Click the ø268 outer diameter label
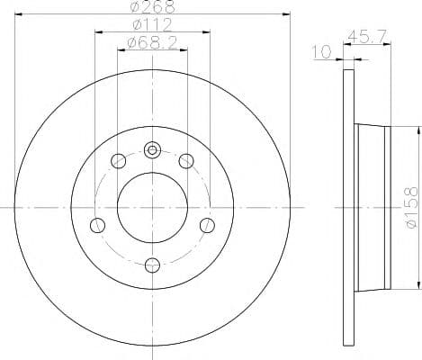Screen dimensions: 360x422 [151, 7]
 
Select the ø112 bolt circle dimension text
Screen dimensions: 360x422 [151, 24]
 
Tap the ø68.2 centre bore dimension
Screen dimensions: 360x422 [151, 42]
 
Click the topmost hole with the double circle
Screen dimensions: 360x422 [152, 149]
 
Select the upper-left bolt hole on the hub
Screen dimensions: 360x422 [117, 161]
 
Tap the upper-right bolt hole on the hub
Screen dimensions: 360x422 [186, 161]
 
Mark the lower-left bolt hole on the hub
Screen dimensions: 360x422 [99, 224]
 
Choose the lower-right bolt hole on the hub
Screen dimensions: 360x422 [206, 224]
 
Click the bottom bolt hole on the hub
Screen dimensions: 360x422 [152, 264]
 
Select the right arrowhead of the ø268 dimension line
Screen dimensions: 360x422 [287, 14]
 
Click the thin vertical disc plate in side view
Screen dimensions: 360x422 [348, 206]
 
